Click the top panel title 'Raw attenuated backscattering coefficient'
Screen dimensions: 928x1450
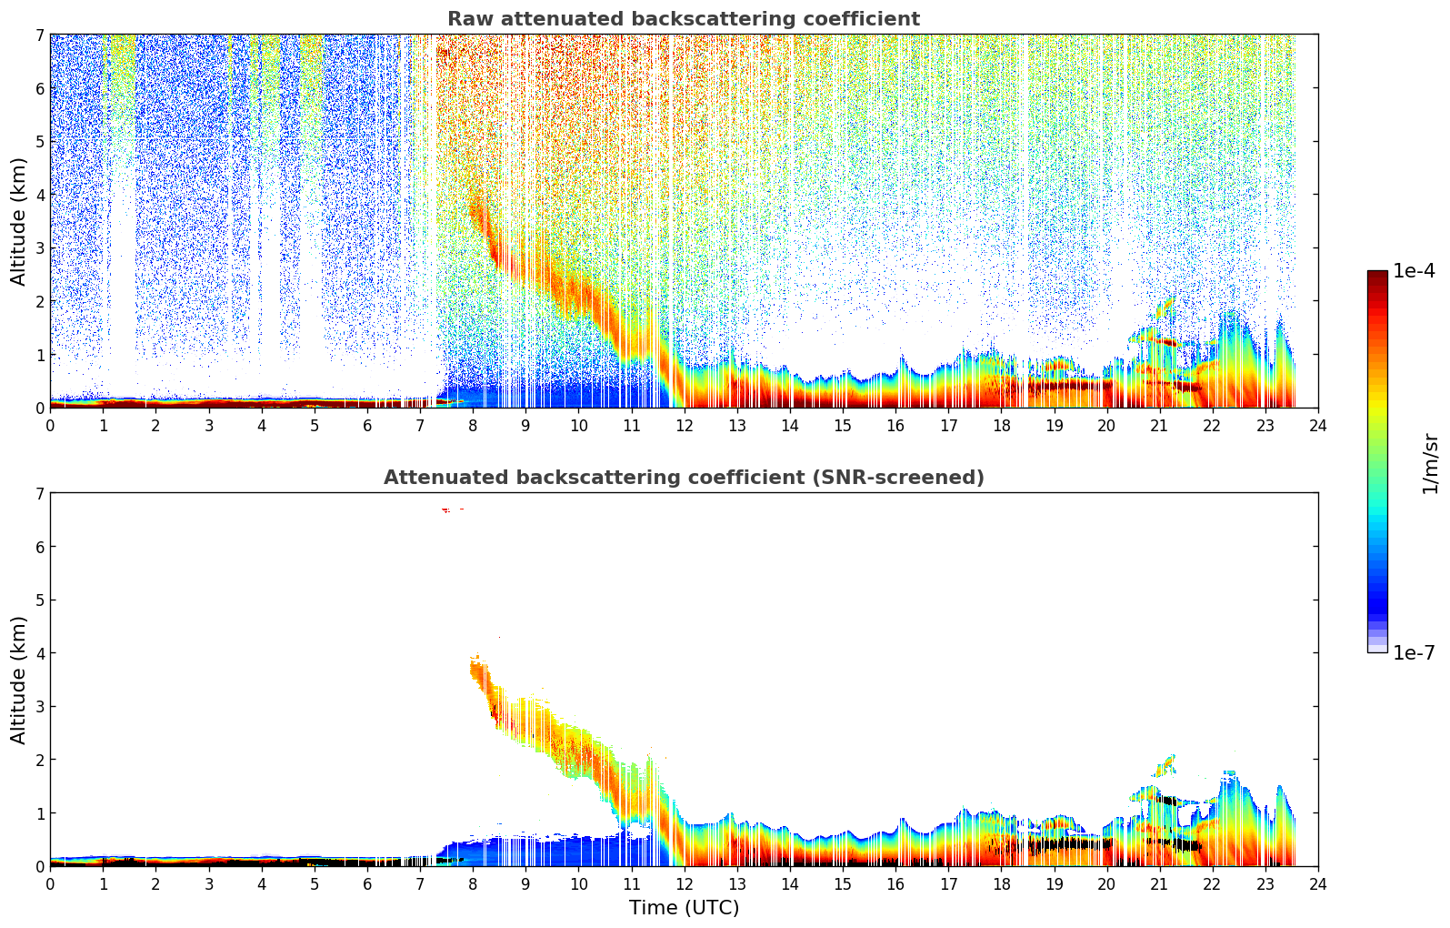point(683,19)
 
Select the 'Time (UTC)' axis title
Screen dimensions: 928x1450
point(684,908)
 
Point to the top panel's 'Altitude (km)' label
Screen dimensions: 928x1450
point(18,221)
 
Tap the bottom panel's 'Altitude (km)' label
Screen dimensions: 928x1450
point(18,680)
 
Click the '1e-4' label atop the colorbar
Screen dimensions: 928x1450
point(1414,271)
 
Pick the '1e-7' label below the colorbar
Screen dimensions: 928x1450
point(1414,653)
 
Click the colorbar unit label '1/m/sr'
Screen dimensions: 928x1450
point(1430,463)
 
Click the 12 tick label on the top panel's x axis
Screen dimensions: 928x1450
point(684,425)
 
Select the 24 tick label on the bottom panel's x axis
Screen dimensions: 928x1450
point(1317,883)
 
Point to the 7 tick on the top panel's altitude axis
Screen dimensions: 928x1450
point(39,35)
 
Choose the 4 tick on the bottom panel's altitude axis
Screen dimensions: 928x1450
point(39,653)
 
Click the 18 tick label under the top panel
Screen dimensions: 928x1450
point(1001,425)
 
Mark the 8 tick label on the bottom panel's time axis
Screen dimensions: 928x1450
point(473,883)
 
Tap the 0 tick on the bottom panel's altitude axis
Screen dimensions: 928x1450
point(39,866)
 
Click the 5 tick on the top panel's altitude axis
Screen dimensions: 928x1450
point(39,142)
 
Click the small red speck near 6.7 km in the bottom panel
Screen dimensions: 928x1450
point(445,510)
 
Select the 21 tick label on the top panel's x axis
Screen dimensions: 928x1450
point(1159,425)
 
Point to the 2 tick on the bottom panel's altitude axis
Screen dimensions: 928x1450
point(39,760)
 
